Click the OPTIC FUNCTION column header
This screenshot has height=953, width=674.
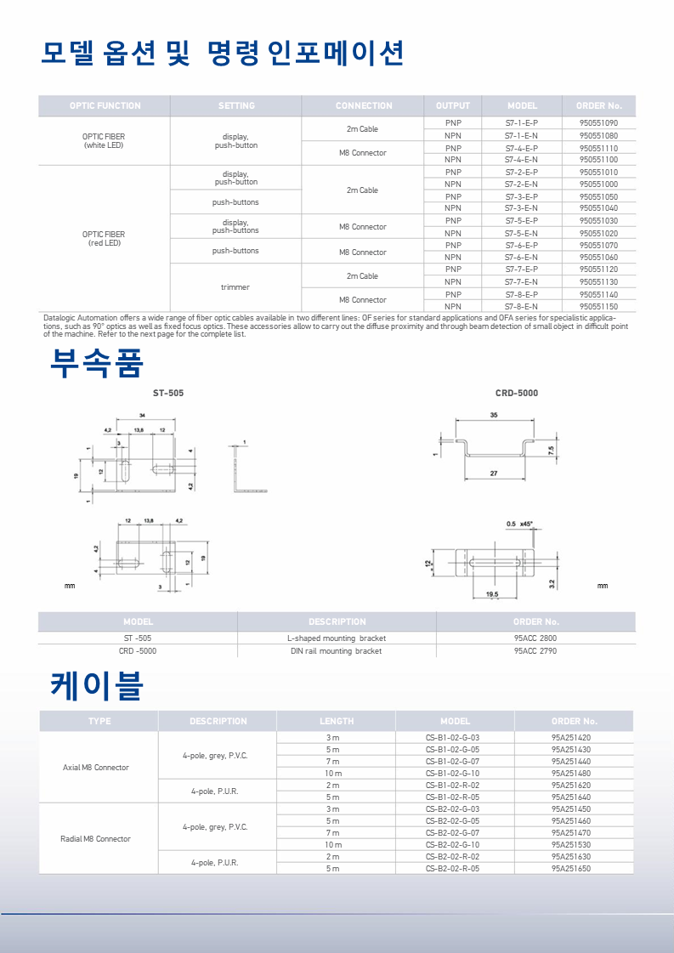(105, 106)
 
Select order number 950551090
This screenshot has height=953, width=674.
(598, 123)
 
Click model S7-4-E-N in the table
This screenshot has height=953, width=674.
(521, 159)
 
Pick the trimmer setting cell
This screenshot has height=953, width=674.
(235, 287)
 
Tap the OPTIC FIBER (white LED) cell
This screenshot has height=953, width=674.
(104, 141)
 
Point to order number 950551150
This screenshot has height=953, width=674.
(598, 306)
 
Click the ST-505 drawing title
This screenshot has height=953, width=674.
(167, 394)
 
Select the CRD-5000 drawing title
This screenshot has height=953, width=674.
(516, 394)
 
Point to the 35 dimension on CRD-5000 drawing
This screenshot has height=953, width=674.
(494, 415)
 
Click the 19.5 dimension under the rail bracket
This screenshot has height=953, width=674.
(491, 594)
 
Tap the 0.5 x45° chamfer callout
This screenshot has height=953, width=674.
(518, 524)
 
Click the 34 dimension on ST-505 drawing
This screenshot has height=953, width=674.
(140, 415)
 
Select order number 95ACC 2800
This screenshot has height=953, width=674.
(535, 638)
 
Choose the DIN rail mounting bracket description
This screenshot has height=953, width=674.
(336, 650)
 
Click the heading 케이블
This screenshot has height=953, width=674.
(96, 685)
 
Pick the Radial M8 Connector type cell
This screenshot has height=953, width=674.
(95, 839)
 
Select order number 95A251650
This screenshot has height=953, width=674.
(571, 869)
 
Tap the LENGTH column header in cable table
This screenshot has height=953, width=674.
(336, 721)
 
